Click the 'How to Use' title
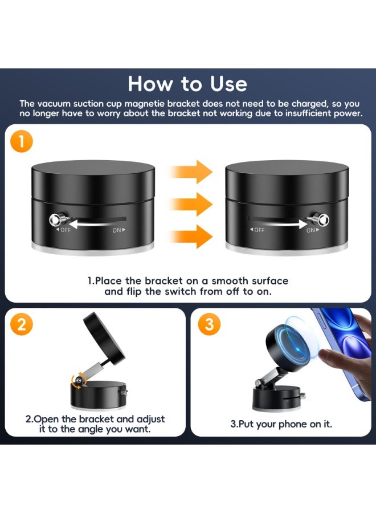click(x=187, y=84)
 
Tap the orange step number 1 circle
click(x=22, y=142)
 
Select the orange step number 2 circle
click(x=22, y=324)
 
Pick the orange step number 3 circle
click(x=209, y=324)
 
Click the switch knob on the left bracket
click(x=57, y=219)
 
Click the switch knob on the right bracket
click(x=322, y=219)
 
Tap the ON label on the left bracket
click(x=118, y=230)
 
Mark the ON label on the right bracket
click(x=312, y=230)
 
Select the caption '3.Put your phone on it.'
click(x=281, y=424)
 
